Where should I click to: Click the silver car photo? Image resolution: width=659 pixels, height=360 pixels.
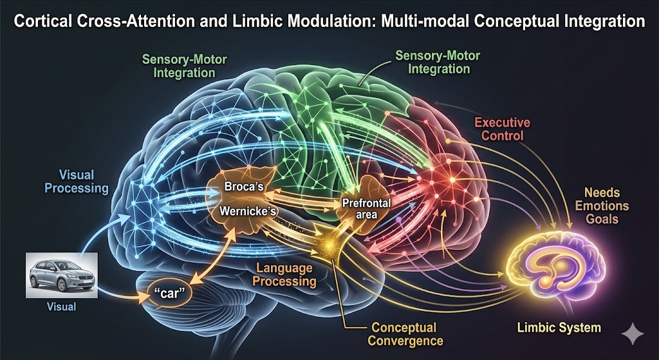tap(61, 275)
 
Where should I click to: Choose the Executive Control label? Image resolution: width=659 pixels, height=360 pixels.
tap(503, 129)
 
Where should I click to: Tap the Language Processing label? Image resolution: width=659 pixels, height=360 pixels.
tap(285, 274)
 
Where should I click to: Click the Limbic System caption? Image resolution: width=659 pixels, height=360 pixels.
tap(559, 328)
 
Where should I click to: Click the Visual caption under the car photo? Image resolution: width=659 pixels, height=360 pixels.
tap(61, 307)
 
